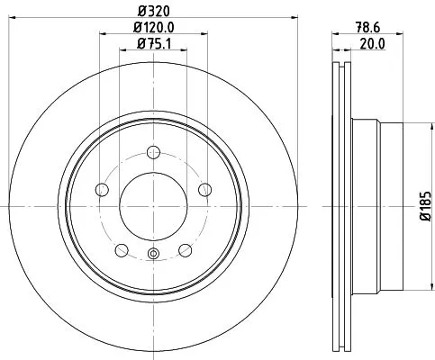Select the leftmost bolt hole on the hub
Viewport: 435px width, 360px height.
coord(102,189)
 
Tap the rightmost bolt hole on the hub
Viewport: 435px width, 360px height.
coord(205,189)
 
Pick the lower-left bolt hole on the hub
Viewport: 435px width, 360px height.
coord(122,249)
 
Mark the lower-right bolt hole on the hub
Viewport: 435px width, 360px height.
coord(186,249)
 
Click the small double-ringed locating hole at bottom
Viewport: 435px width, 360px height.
coord(153,254)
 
